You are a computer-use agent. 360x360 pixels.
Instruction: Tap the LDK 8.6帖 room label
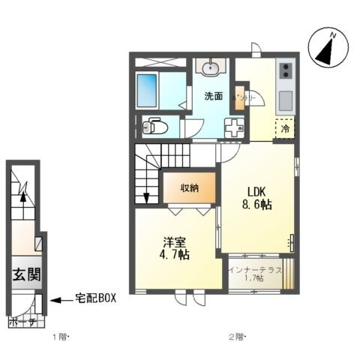coord(255,197)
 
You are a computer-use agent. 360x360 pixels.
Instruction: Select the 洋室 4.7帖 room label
coord(176,247)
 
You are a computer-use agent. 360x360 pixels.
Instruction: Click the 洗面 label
coord(213,96)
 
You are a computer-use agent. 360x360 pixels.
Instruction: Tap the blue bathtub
coord(157,90)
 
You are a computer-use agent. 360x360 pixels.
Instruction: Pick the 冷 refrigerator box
coord(285,128)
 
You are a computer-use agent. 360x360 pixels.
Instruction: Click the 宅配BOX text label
coord(95,299)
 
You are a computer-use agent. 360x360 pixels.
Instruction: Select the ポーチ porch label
coord(22,323)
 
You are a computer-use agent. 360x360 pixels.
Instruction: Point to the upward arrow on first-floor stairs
coord(23,196)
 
